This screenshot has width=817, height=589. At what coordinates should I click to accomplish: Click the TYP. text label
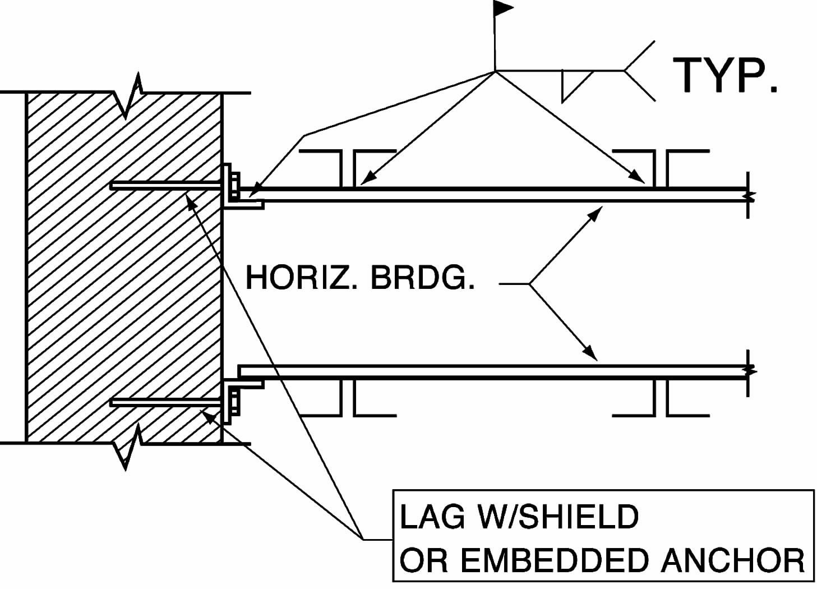coord(724,75)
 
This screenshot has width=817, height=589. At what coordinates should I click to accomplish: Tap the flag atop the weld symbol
coord(503,8)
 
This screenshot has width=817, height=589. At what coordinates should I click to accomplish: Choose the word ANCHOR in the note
coord(733,559)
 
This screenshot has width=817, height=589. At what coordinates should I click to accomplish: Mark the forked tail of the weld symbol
coord(639,71)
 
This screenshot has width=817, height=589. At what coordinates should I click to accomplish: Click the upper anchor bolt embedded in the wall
coord(165,185)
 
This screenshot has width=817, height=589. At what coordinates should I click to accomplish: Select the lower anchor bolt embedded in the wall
coord(165,402)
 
